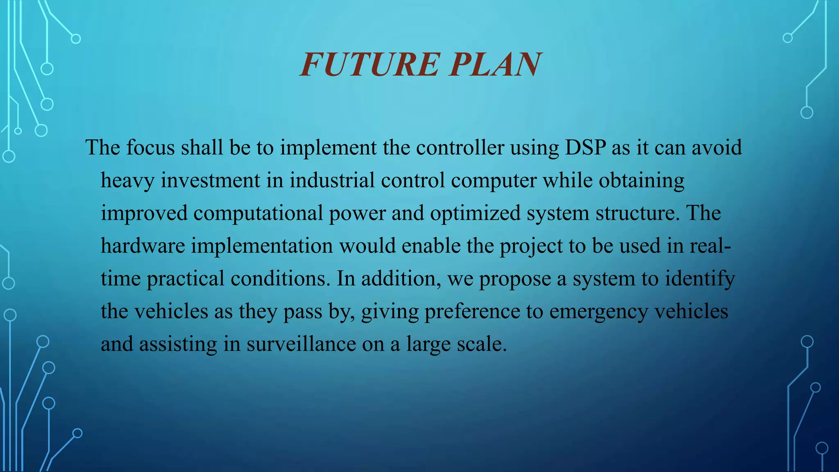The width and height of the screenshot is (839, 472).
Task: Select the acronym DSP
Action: [x=585, y=147]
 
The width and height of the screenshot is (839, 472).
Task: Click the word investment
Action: [x=210, y=180]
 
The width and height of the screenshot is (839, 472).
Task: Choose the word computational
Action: [x=258, y=213]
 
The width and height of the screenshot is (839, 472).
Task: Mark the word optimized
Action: [x=475, y=213]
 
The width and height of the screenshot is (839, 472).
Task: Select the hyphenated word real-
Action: [x=710, y=246]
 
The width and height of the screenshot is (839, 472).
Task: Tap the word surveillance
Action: [x=301, y=344]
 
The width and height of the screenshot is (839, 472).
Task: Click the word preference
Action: [x=472, y=311]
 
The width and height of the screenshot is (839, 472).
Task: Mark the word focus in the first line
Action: [x=150, y=147]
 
